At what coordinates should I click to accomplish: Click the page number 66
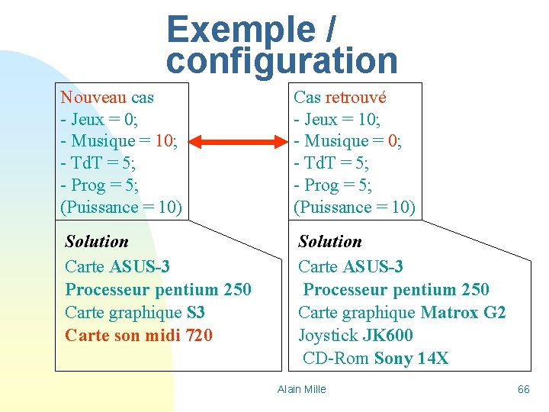524,389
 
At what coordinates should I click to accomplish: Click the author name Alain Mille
302,389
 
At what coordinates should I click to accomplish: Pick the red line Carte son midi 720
139,335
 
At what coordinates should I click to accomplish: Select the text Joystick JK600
355,335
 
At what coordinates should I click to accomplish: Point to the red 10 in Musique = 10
163,141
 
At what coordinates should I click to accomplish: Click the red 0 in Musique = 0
393,141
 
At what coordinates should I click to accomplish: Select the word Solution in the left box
97,241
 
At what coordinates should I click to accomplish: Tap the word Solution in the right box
330,241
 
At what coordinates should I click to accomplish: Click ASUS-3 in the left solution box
140,266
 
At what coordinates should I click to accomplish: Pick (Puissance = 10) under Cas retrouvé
355,207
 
